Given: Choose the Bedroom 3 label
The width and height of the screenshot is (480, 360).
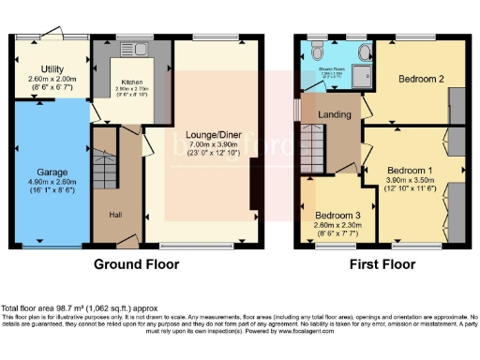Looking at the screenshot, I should coord(336,213).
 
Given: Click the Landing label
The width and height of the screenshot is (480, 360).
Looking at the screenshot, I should coord(335,115).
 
